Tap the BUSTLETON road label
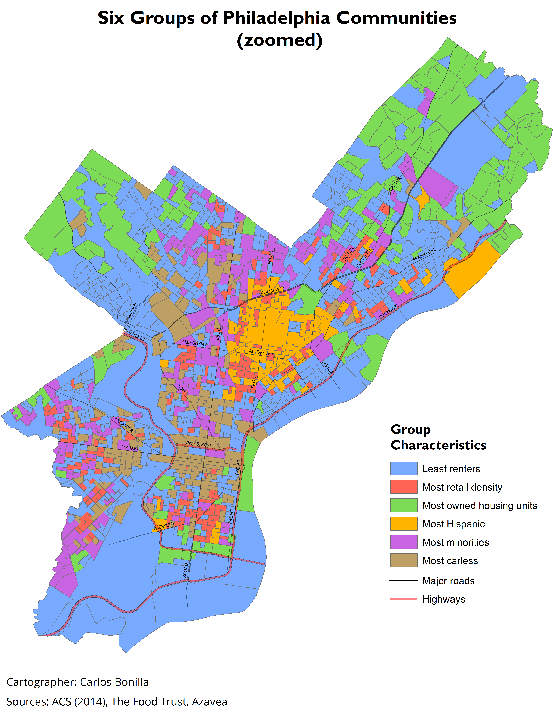364,257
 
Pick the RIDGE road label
182,389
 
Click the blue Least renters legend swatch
404,469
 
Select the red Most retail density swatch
404,487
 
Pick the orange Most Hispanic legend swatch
404,524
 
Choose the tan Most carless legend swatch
404,560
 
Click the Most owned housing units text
480,505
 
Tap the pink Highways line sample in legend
404,599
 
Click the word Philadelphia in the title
276,18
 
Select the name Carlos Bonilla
114,682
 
